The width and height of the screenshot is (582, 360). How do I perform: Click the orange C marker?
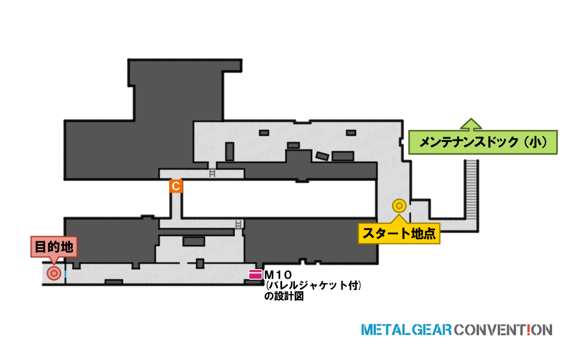point(176,186)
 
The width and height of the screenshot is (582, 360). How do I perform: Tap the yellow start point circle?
point(400,205)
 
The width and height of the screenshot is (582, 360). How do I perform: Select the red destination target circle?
point(54,274)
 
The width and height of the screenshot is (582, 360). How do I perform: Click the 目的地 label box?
point(54,247)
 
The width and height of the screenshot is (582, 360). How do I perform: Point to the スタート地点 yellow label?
point(399,233)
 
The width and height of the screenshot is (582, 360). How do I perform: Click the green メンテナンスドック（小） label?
point(483,142)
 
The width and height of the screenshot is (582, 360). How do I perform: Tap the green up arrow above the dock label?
point(471,124)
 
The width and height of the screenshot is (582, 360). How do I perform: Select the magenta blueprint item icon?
point(256,274)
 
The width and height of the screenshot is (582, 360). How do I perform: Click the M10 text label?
point(278,275)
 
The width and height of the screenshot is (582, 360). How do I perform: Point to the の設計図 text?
point(284,296)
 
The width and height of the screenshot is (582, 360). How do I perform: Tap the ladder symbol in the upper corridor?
point(212,173)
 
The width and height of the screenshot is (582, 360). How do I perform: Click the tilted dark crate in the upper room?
point(322,156)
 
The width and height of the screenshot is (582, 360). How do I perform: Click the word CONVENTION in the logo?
point(503,330)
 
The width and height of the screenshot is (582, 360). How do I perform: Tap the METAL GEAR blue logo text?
point(407,330)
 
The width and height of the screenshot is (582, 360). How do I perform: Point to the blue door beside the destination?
point(65,274)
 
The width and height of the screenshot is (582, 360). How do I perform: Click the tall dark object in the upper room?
point(230,151)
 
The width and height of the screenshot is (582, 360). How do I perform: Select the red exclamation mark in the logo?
point(529,330)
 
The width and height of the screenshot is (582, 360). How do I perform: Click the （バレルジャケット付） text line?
point(313,285)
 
